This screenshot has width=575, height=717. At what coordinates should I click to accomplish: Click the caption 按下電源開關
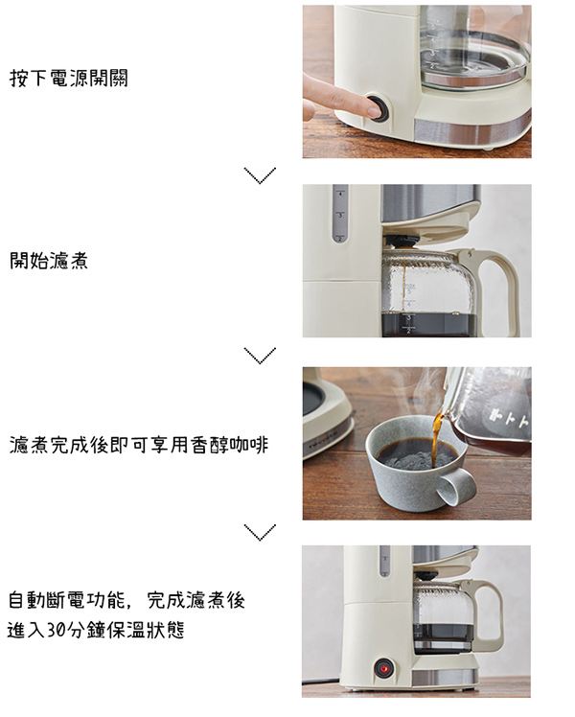click(x=69, y=79)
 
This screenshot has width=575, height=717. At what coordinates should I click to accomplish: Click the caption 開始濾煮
click(x=49, y=260)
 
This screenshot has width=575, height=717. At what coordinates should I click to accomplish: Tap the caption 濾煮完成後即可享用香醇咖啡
click(x=139, y=445)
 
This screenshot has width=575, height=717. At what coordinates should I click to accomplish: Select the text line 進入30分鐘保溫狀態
click(x=96, y=630)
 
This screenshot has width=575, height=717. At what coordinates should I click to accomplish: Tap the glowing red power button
click(x=384, y=669)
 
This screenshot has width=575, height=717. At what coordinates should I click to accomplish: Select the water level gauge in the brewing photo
click(x=340, y=214)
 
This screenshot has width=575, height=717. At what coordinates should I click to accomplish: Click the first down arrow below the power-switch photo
click(x=260, y=175)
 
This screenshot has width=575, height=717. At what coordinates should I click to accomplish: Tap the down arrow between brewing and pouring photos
click(x=260, y=356)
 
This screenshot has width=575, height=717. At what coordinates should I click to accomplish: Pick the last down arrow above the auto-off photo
click(x=260, y=532)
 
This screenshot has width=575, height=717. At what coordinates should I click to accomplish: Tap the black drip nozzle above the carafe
click(x=396, y=241)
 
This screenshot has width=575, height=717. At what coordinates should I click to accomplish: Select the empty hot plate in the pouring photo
click(x=322, y=398)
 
